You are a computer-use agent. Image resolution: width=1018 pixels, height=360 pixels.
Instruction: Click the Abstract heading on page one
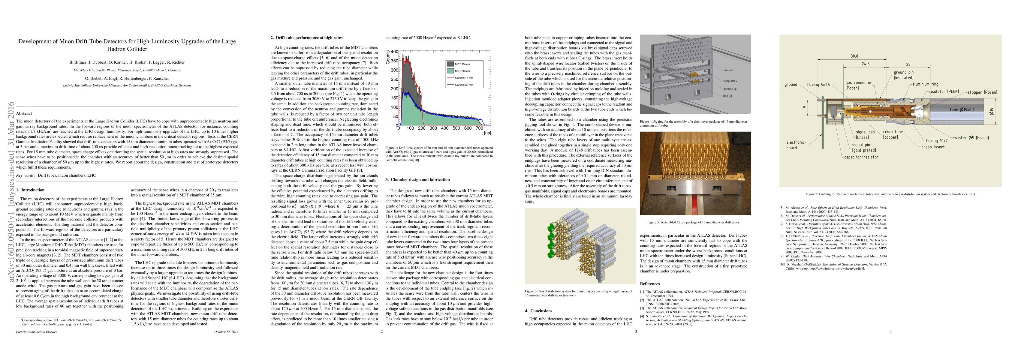pyautogui.click(x=24, y=113)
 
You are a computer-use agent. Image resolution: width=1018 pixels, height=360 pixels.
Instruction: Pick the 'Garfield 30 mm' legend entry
pyautogui.click(x=464, y=85)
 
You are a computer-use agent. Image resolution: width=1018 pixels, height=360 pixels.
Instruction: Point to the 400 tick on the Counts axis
pyautogui.click(x=394, y=52)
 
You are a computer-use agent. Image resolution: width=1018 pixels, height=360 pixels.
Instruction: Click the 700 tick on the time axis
pyautogui.click(x=479, y=128)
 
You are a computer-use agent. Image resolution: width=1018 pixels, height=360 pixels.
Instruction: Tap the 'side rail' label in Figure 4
pyautogui.click(x=728, y=70)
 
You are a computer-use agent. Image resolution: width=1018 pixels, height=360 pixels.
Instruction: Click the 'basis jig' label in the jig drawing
pyautogui.click(x=727, y=96)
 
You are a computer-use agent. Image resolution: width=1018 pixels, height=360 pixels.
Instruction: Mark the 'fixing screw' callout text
pyautogui.click(x=730, y=81)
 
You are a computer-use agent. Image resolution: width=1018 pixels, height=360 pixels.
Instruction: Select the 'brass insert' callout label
pyautogui.click(x=933, y=147)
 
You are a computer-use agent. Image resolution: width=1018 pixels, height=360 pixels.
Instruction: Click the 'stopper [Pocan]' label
pyautogui.click(x=982, y=92)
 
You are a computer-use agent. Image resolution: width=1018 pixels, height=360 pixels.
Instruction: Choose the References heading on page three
pyautogui.click(x=650, y=284)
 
